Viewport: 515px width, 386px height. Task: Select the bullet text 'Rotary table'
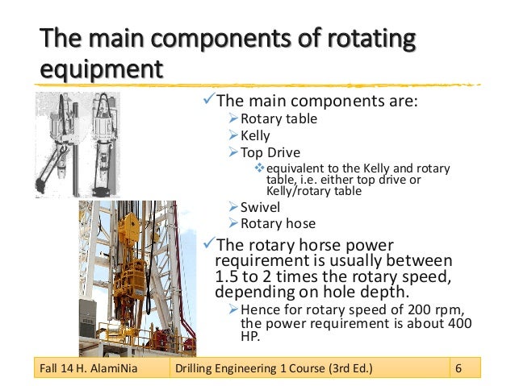pos(274,119)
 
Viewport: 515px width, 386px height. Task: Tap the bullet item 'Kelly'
pos(257,135)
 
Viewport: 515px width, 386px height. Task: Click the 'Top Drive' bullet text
pos(270,151)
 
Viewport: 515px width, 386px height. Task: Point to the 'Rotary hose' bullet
pos(273,223)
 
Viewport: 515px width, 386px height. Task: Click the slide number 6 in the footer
pos(458,369)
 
